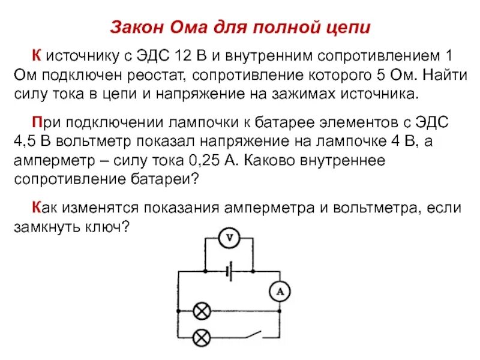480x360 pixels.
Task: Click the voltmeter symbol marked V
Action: [228, 239]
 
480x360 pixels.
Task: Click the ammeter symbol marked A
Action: [279, 292]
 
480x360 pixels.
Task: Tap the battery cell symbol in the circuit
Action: [229, 271]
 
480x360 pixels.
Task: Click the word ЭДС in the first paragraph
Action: [156, 58]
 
